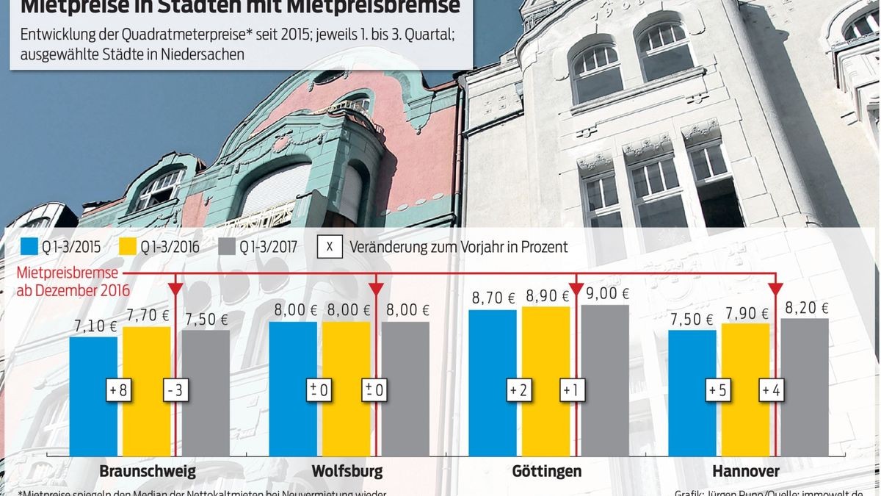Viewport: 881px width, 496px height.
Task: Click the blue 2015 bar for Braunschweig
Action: click(93, 397)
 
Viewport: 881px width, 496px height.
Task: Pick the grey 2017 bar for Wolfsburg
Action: click(405, 389)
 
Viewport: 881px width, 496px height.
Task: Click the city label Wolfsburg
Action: click(347, 471)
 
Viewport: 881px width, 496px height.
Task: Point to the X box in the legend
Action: click(330, 247)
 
